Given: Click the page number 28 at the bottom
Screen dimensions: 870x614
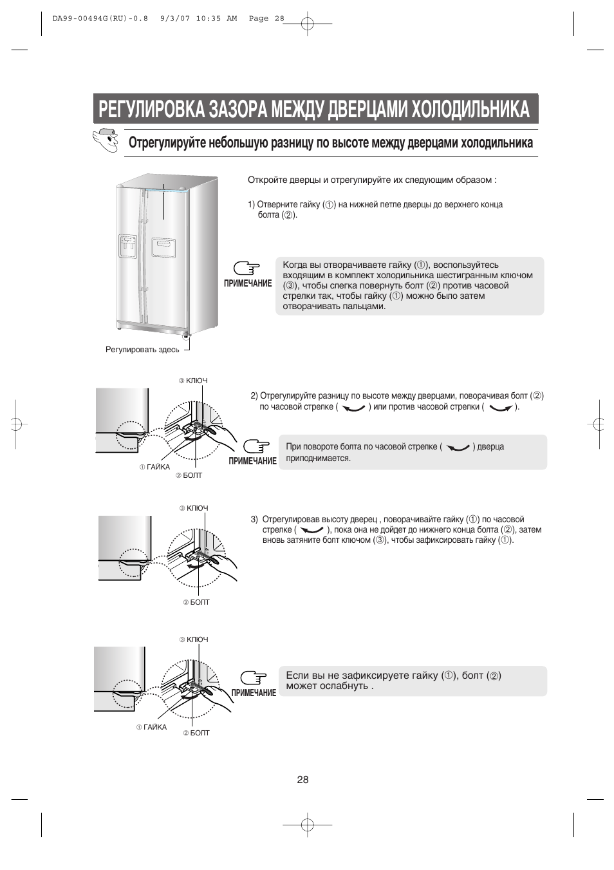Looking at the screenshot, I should (x=302, y=780).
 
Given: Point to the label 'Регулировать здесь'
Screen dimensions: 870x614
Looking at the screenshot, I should (x=142, y=350).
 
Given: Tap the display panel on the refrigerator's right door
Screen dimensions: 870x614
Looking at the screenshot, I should (x=163, y=247).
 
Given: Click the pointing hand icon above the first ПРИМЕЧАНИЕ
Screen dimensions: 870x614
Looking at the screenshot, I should (x=247, y=269).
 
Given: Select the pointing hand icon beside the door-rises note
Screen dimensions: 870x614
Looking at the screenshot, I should (x=257, y=446).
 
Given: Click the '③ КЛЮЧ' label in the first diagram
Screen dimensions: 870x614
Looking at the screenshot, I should (x=193, y=381).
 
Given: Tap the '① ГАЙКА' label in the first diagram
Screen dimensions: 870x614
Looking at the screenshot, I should (x=154, y=467).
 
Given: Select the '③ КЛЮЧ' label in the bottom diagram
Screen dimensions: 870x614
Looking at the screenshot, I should (x=194, y=639).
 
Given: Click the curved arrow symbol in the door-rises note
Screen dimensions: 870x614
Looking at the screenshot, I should (x=458, y=448).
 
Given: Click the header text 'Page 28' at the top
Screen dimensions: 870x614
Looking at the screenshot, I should (x=266, y=19).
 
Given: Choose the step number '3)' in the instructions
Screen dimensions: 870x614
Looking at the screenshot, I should (x=254, y=520).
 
